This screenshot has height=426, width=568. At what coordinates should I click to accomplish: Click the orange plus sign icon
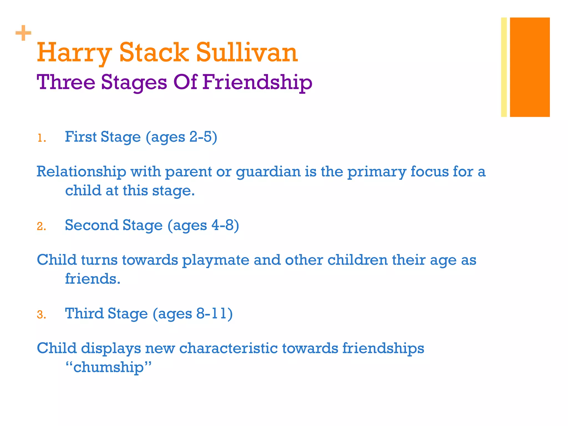tap(23, 33)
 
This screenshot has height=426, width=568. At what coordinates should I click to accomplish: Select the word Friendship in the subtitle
tap(257, 82)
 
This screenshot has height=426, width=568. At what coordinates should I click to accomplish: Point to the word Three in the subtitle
tap(66, 82)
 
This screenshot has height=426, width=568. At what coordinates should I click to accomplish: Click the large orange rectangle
tap(530, 67)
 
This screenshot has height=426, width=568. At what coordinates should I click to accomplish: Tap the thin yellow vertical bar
tap(504, 67)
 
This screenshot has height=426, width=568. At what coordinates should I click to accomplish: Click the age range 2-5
tap(200, 137)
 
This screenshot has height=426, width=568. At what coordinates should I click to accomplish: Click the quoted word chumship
tap(108, 367)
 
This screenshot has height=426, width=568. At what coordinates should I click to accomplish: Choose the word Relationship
tap(82, 172)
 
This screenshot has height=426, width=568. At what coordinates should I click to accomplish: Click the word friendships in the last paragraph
tap(383, 348)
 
